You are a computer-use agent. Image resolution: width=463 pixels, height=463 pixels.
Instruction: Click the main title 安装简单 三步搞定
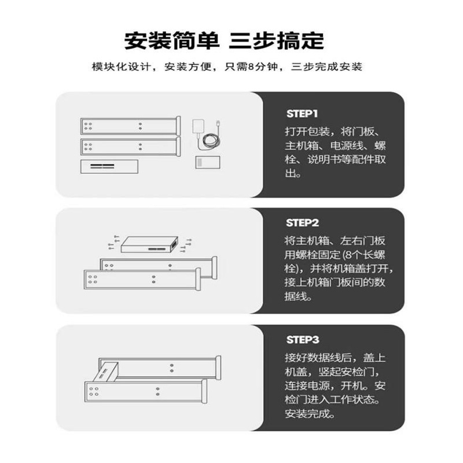pyautogui.click(x=225, y=42)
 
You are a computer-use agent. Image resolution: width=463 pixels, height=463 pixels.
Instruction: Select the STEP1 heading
pyautogui.click(x=302, y=113)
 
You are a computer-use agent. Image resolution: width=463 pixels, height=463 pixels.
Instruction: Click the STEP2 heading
pyautogui.click(x=302, y=222)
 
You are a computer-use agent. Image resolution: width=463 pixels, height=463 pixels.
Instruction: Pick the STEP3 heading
pyautogui.click(x=302, y=339)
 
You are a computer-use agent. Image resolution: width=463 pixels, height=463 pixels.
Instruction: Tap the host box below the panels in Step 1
pyautogui.click(x=109, y=167)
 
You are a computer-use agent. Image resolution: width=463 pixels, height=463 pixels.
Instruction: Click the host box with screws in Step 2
pyautogui.click(x=149, y=247)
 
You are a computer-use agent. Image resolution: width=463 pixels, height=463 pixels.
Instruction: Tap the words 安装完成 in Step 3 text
pyautogui.click(x=310, y=414)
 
